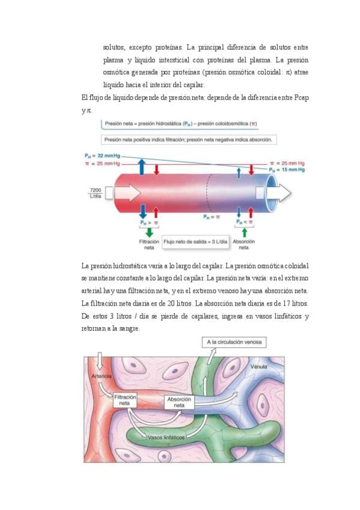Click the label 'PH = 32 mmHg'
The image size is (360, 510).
(102, 156)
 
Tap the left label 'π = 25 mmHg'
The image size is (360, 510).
(102, 164)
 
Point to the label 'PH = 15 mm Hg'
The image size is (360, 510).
(287, 170)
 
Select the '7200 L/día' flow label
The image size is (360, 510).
(95, 193)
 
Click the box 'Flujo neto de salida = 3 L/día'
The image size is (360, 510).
(195, 242)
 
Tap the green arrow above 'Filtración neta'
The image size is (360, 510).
(149, 232)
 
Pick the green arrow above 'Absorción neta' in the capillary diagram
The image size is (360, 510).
(245, 232)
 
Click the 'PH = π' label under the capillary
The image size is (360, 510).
(212, 217)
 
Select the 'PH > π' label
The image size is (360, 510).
(149, 223)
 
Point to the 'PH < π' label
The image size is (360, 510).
(245, 222)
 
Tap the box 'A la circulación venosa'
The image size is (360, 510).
(234, 342)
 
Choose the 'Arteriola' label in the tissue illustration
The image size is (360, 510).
(102, 376)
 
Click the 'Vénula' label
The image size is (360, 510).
(258, 367)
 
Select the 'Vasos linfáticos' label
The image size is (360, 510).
(166, 437)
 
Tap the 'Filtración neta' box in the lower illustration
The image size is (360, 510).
(125, 401)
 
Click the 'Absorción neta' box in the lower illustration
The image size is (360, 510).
(179, 402)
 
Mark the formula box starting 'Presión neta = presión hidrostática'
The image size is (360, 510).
(180, 124)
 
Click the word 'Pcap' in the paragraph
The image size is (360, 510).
(301, 97)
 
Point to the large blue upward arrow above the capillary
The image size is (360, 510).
(142, 167)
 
